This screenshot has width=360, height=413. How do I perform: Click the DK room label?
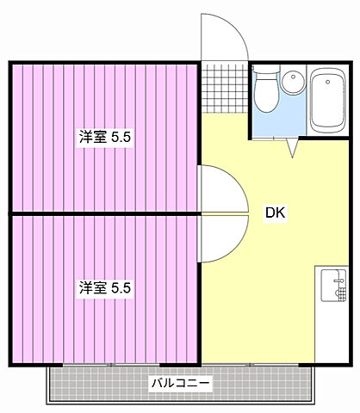[x=276, y=213]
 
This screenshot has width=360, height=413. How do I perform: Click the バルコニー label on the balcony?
[x=181, y=382]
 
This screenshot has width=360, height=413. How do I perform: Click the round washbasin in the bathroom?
[x=294, y=83]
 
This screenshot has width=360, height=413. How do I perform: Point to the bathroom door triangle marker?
[x=291, y=148]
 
